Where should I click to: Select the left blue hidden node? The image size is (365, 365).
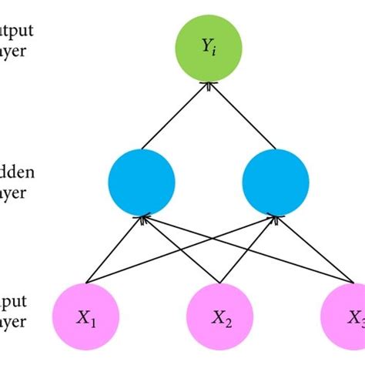(143, 182)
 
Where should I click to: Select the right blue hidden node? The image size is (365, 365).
(276, 182)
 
